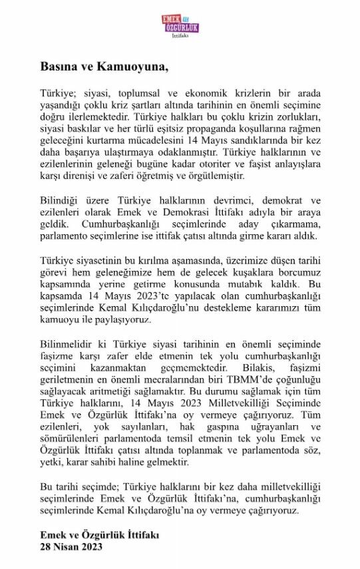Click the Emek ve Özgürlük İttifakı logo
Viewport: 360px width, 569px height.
[180, 27]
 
